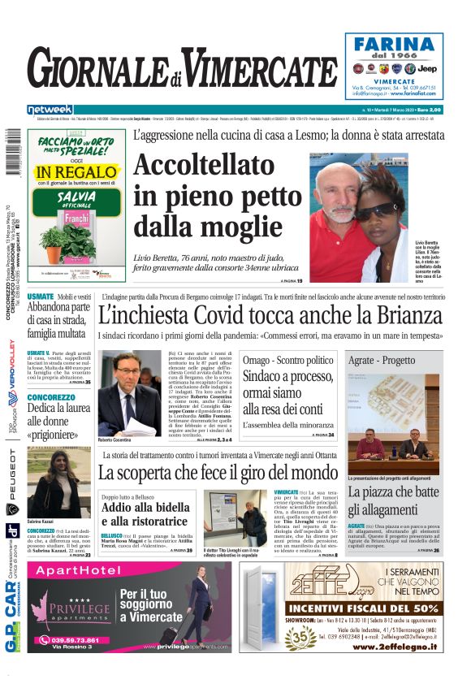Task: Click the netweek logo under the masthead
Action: click(x=50, y=109)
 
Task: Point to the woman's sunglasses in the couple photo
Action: click(x=373, y=210)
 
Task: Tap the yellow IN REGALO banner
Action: click(x=65, y=172)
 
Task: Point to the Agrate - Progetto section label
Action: click(x=382, y=360)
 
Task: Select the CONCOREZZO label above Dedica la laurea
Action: click(x=51, y=397)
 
